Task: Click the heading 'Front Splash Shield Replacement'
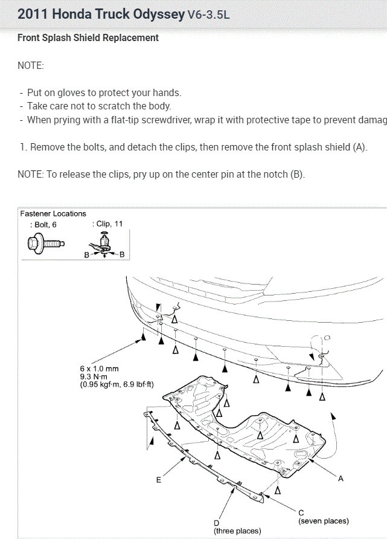click(88, 38)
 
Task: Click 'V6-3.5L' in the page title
click(208, 15)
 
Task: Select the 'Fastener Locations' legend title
click(53, 214)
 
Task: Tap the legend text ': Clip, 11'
click(108, 224)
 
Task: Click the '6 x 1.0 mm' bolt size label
click(99, 368)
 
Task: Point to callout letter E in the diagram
click(159, 480)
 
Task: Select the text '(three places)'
click(237, 531)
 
